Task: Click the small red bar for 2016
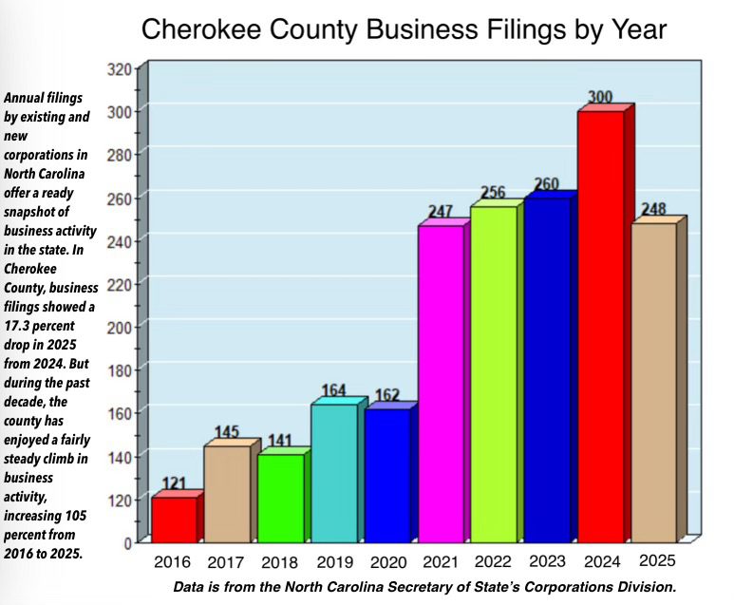click(x=174, y=519)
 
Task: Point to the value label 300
click(x=599, y=97)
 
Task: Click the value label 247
click(x=439, y=211)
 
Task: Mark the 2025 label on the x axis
click(x=657, y=560)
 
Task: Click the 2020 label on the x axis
click(x=387, y=562)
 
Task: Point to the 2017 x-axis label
click(x=228, y=562)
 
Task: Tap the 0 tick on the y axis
click(x=125, y=542)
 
